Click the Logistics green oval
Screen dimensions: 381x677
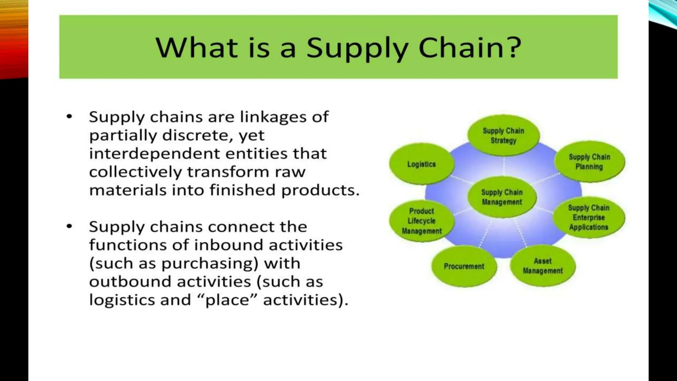pyautogui.click(x=421, y=164)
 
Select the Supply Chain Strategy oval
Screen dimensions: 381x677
pyautogui.click(x=503, y=136)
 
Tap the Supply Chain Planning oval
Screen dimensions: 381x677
pyautogui.click(x=589, y=162)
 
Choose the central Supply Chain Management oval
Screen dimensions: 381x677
pyautogui.click(x=502, y=197)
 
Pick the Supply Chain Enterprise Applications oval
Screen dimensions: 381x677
pyautogui.click(x=589, y=217)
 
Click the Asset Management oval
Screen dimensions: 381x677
pyautogui.click(x=542, y=266)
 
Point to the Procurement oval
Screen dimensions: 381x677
pyautogui.click(x=464, y=266)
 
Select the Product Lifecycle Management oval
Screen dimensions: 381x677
pyautogui.click(x=421, y=221)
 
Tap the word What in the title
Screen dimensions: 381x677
pyautogui.click(x=196, y=48)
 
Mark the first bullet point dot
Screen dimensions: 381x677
pyautogui.click(x=69, y=116)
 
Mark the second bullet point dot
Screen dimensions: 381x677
pyautogui.click(x=69, y=226)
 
